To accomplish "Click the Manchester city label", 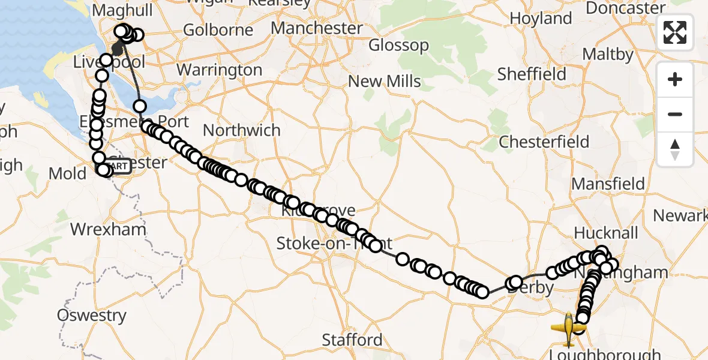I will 317,28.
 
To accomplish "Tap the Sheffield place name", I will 532,74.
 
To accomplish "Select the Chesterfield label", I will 544,142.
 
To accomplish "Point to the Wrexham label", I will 108,229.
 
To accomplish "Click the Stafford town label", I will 352,340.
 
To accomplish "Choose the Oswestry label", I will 92,316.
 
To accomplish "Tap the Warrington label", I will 220,70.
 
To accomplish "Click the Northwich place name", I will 242,130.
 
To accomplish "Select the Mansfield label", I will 608,184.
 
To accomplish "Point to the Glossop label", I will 398,46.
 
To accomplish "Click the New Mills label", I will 385,81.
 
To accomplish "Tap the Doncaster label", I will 626,8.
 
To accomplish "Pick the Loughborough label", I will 604,354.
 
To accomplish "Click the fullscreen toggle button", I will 675,32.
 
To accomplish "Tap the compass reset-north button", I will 675,149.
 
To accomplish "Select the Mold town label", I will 67,174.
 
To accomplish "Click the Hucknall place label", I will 606,233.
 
